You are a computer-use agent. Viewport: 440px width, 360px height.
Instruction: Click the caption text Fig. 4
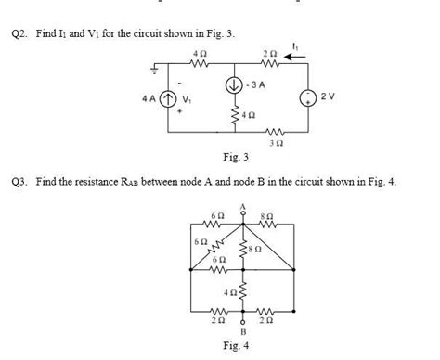(x=244, y=345)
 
